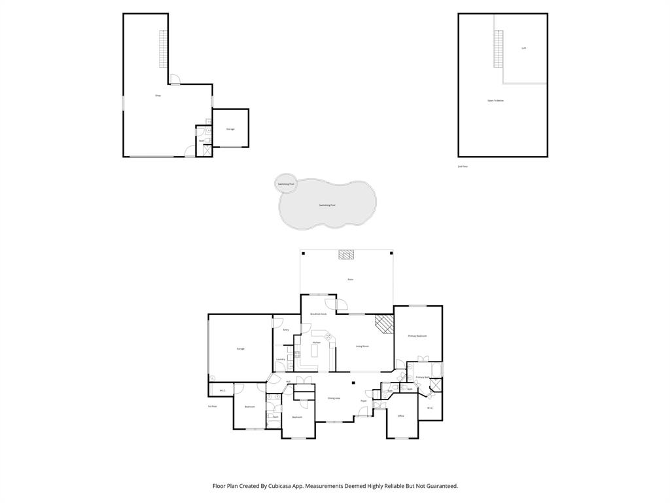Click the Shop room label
(158, 96)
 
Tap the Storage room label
(230, 129)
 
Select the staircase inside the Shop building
(163, 49)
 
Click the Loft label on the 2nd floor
(523, 48)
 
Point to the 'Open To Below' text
(495, 100)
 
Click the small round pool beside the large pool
(286, 184)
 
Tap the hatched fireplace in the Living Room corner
(383, 324)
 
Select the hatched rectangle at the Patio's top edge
(345, 255)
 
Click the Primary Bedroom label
(417, 336)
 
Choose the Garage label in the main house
(240, 348)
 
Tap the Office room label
(401, 416)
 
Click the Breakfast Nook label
(319, 314)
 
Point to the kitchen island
(315, 352)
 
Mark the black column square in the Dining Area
(353, 383)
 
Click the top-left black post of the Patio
(304, 253)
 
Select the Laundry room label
(280, 359)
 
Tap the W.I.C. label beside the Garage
(222, 391)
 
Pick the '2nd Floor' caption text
(463, 166)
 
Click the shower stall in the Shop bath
(207, 150)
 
